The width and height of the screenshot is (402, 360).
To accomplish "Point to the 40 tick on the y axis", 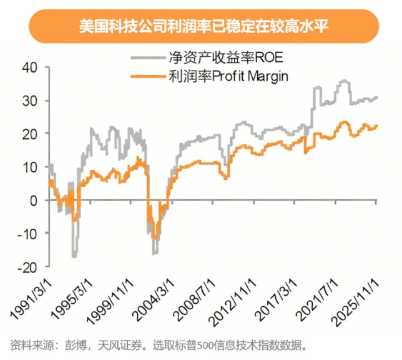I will click(29, 67).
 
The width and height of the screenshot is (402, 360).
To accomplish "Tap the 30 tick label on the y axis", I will click(29, 101).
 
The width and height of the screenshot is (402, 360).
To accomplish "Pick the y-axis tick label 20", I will click(29, 134).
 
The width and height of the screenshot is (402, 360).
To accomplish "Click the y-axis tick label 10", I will click(29, 167).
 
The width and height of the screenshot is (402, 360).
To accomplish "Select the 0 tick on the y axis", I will click(32, 201).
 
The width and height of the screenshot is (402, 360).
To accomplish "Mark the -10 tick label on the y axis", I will click(27, 234).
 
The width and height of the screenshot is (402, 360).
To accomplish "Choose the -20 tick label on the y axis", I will click(27, 267).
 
